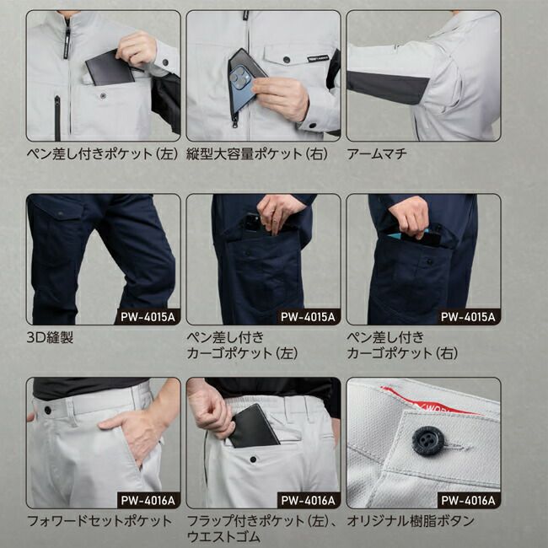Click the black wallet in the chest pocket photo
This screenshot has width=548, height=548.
(110, 67)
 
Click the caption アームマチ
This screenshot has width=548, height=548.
(376, 154)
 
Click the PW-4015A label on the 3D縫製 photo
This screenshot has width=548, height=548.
(148, 317)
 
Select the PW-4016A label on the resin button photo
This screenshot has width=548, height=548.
(469, 500)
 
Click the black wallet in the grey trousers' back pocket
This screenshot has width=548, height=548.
(253, 427)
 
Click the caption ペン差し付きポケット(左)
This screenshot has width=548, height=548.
(100, 154)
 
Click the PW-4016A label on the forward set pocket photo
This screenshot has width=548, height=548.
(148, 500)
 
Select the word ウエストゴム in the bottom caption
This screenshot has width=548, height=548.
(223, 536)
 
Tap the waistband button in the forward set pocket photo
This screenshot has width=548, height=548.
(48, 410)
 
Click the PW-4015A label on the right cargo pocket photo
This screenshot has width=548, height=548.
(469, 317)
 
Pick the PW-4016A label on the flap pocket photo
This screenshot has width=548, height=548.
(309, 500)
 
